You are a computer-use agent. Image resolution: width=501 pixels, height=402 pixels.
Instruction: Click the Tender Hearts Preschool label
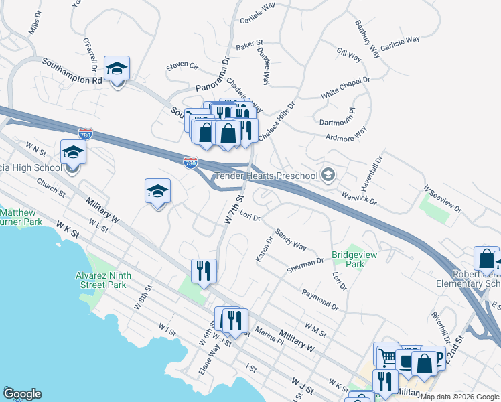[x=265, y=176]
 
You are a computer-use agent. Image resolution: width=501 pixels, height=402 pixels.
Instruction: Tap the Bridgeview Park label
[x=348, y=259]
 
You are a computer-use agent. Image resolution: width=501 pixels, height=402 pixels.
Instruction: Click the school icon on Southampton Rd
[x=117, y=69]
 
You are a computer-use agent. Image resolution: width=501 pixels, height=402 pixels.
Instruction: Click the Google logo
[x=22, y=394]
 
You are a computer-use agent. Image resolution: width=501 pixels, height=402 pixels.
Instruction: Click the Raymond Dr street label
[x=320, y=299]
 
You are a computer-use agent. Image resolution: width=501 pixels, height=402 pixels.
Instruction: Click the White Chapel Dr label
[x=345, y=88]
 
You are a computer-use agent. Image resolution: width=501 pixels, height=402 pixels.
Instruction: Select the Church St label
[x=51, y=187]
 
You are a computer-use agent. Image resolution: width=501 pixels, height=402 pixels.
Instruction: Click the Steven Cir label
[x=182, y=66]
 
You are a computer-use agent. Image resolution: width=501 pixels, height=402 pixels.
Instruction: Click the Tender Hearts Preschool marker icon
[x=328, y=176]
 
